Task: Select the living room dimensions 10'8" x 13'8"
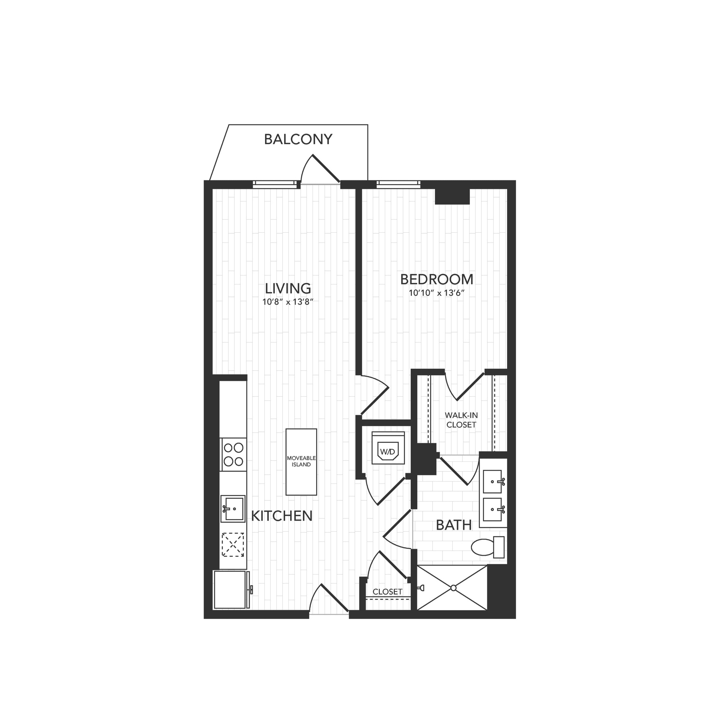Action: (x=288, y=302)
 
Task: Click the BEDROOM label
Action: (x=437, y=280)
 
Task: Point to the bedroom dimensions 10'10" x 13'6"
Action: (x=437, y=293)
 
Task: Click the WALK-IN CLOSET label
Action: (x=461, y=420)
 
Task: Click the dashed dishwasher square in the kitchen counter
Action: (x=233, y=545)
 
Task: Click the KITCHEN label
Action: (x=281, y=516)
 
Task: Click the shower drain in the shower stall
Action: (x=454, y=588)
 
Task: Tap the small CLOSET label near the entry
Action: (x=387, y=592)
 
